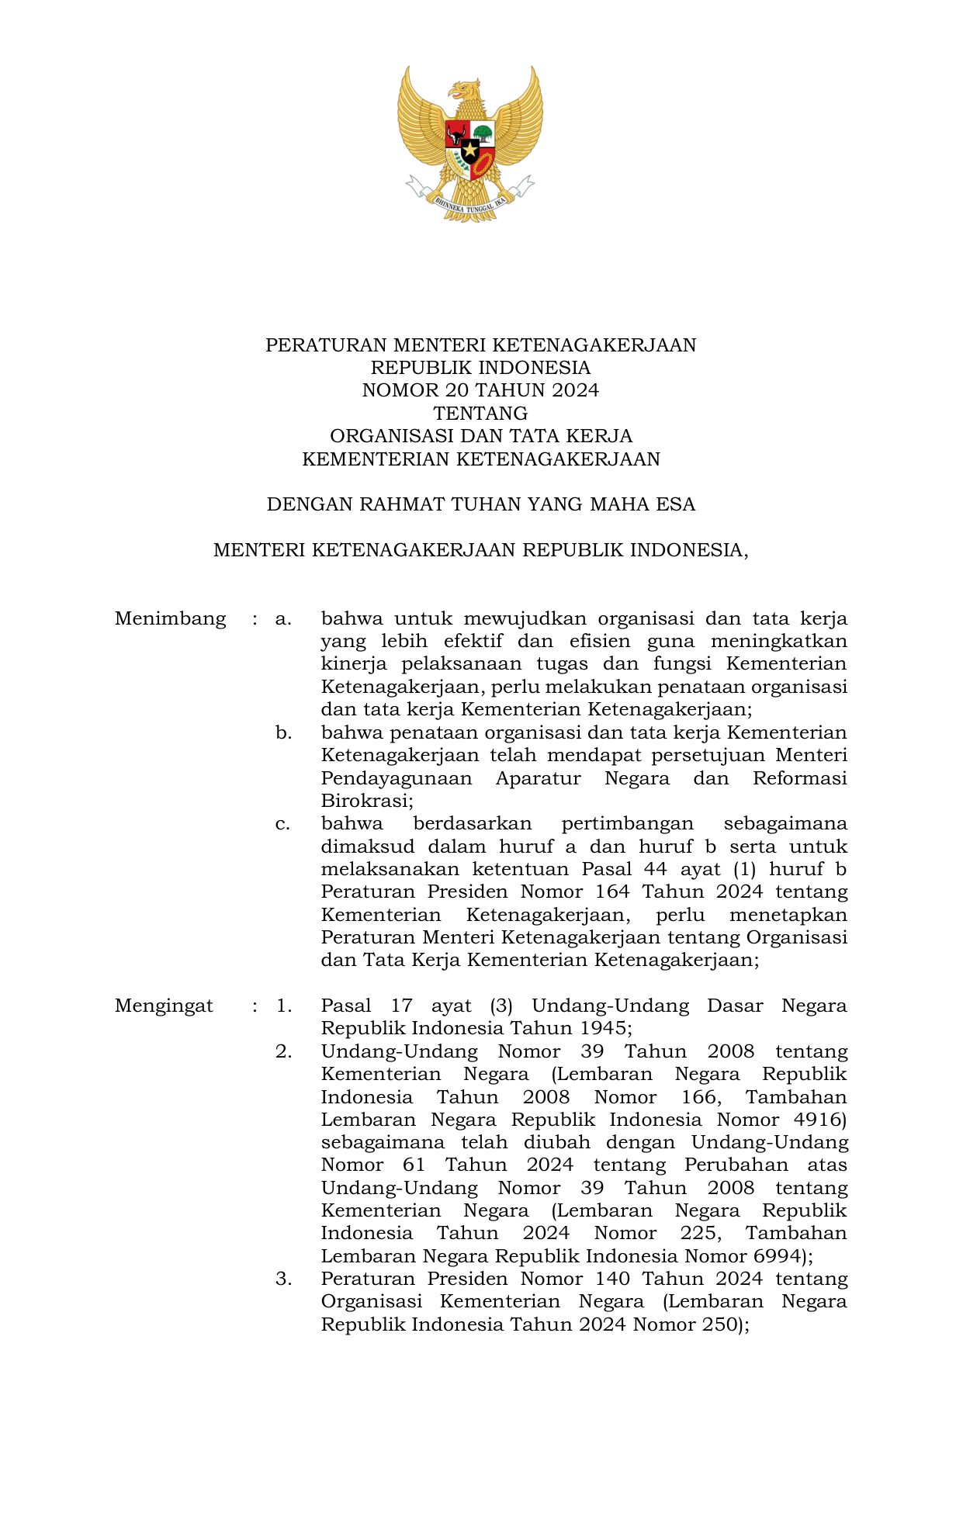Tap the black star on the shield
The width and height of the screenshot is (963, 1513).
(x=470, y=148)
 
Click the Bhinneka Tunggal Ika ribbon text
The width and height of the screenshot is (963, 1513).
(x=470, y=205)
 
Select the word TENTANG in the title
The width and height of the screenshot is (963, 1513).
(x=480, y=414)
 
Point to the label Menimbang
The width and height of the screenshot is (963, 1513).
(x=170, y=619)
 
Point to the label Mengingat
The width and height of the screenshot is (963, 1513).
(x=164, y=1006)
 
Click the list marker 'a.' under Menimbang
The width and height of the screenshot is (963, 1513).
(x=283, y=619)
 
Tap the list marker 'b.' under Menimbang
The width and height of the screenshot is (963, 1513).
(x=283, y=733)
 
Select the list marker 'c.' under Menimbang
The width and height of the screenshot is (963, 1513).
(x=283, y=824)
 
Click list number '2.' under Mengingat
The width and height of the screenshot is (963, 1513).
(x=283, y=1052)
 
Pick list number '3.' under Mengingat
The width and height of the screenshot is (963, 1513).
(x=283, y=1279)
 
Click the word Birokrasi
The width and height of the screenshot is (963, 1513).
(x=367, y=802)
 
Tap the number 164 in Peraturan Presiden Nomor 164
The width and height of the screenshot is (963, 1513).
(x=612, y=892)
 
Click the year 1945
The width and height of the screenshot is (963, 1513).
(x=603, y=1029)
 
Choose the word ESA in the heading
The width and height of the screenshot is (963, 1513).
(x=675, y=505)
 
